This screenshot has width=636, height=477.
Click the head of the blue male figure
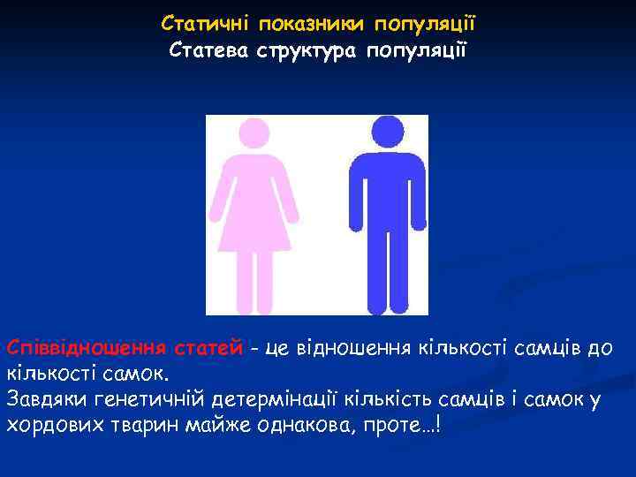point(387,132)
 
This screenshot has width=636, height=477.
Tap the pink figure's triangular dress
point(255,212)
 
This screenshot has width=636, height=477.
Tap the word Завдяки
point(44,399)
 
